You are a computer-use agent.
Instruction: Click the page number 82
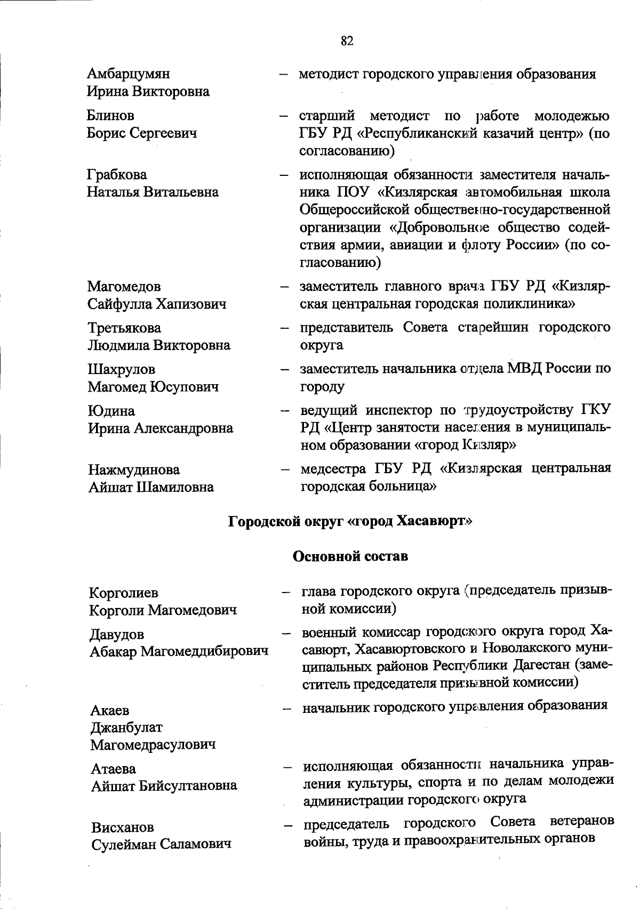(347, 41)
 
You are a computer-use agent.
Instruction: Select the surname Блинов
(110, 116)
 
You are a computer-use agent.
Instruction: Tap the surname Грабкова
(117, 175)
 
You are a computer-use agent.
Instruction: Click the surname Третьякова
(124, 328)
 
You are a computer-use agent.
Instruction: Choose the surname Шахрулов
(121, 369)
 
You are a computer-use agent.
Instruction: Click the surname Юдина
(111, 411)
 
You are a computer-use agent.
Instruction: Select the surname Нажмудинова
(133, 470)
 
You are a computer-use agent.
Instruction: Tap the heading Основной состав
(350, 556)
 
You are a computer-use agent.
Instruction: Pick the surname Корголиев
(124, 593)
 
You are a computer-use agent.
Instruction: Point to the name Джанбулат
(126, 727)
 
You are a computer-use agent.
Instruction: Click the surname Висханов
(122, 827)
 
